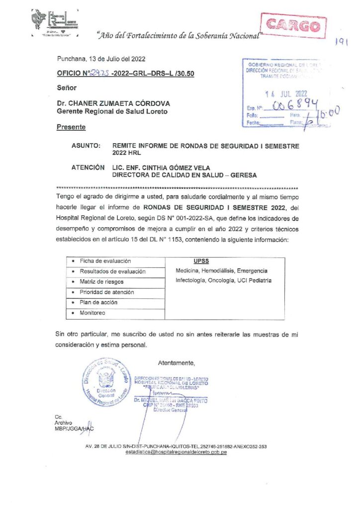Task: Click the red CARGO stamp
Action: coord(293,25)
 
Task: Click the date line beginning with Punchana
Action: coord(101,59)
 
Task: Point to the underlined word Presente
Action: coord(71,127)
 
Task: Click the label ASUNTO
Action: coord(87,146)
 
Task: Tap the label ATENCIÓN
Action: coord(88,168)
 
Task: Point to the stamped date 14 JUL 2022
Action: coord(288,93)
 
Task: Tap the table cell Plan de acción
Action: coord(98,303)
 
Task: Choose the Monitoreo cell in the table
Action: coord(94,313)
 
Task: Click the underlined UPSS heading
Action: coord(201,261)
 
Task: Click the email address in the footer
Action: coord(177,453)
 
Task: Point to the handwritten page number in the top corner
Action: coord(340,43)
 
